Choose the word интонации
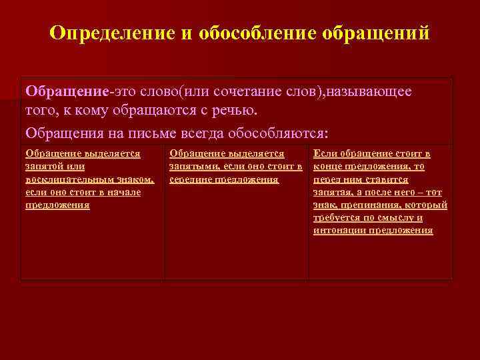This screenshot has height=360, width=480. tap(339, 231)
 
